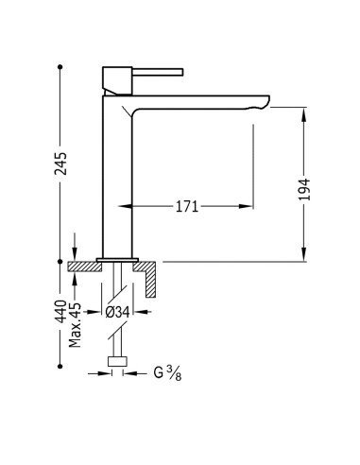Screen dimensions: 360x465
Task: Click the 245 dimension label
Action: (60, 164)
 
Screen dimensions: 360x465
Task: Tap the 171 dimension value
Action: (187, 207)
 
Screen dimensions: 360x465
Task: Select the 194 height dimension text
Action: (304, 189)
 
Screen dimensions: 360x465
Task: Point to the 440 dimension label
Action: (60, 312)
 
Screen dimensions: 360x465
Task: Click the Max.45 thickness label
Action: (75, 325)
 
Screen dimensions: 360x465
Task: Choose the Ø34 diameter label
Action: (117, 312)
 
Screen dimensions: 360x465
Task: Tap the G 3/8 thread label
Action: (167, 373)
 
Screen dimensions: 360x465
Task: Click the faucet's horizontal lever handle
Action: (158, 72)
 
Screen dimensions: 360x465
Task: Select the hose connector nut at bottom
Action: (117, 362)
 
